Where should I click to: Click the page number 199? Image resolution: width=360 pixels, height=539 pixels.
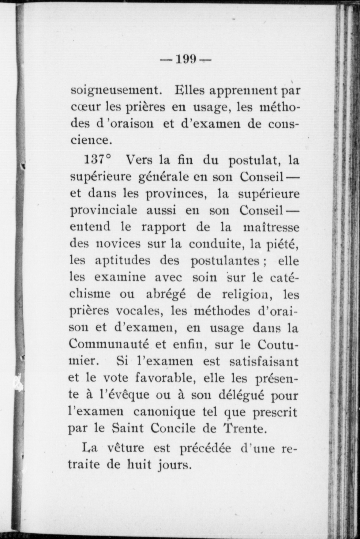tap(186, 59)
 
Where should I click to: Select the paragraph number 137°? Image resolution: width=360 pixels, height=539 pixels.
tap(97, 160)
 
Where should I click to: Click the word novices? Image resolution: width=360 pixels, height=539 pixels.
tap(119, 244)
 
